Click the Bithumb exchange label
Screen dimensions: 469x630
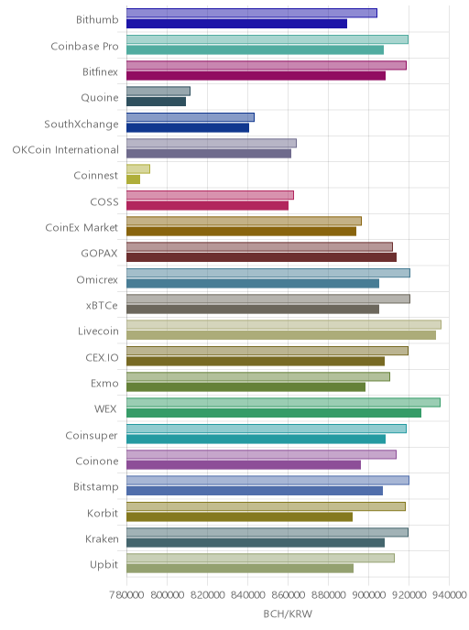click(x=97, y=20)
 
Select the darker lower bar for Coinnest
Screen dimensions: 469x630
click(x=133, y=179)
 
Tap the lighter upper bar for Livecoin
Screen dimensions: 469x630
click(x=284, y=325)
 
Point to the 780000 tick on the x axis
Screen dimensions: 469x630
click(x=126, y=594)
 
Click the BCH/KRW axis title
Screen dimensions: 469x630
click(x=288, y=614)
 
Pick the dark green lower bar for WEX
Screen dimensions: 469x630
click(x=274, y=413)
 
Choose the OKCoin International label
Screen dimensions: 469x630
click(x=66, y=150)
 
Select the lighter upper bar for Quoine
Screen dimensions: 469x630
click(x=158, y=92)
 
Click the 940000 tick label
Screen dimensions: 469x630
click(x=450, y=594)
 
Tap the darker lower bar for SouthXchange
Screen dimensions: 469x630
click(x=188, y=128)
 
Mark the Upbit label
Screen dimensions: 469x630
click(x=104, y=565)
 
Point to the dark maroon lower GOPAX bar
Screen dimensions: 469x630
click(x=261, y=257)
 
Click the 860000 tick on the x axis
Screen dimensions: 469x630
click(x=288, y=594)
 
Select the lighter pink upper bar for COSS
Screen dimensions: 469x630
click(x=210, y=195)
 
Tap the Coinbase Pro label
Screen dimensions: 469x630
click(x=85, y=46)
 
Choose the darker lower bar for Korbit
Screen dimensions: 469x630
click(x=239, y=516)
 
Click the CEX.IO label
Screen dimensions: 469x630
click(x=102, y=358)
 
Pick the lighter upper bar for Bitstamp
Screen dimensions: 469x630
click(x=267, y=480)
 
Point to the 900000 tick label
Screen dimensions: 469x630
click(x=368, y=594)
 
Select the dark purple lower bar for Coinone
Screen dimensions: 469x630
click(x=244, y=465)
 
